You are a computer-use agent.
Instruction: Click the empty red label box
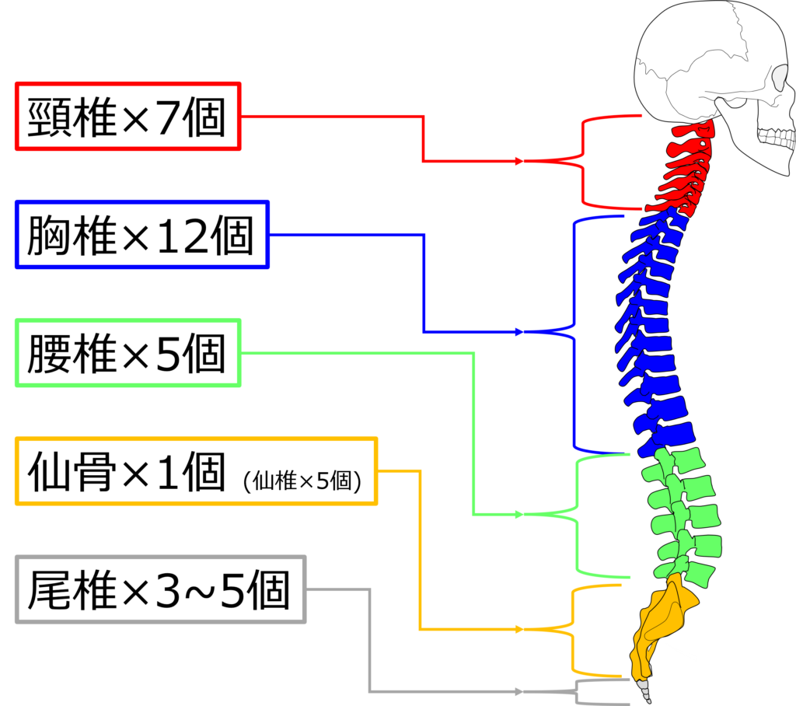pos(127,116)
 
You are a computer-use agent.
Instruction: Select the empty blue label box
pos(141,234)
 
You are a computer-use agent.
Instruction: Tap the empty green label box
pos(127,352)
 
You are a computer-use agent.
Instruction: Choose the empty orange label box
pos(196,471)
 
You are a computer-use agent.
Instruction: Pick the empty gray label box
pos(160,589)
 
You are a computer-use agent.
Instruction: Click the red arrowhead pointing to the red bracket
pos(518,161)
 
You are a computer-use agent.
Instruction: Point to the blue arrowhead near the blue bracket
pos(518,332)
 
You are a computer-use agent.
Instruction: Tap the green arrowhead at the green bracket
pos(518,515)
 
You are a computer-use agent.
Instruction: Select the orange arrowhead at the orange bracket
pos(518,629)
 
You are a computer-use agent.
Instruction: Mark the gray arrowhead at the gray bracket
pos(518,691)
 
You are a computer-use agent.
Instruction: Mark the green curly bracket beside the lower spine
pos(577,515)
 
